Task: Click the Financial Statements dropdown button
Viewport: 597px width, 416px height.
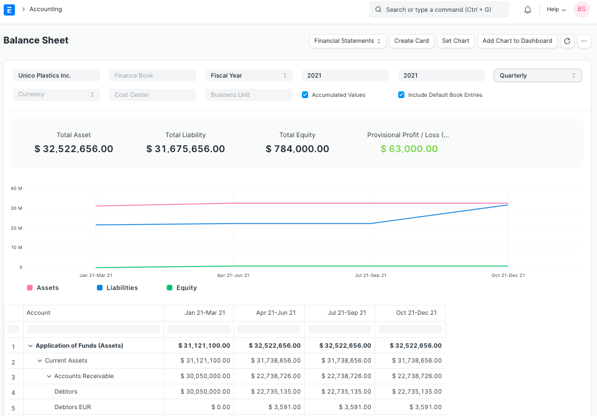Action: click(347, 41)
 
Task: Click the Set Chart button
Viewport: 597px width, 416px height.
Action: click(455, 41)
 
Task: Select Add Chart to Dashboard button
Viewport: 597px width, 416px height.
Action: click(517, 41)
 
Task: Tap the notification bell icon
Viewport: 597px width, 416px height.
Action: click(527, 10)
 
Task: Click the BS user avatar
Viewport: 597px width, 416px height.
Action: click(581, 9)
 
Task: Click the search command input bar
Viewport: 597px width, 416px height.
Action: click(439, 10)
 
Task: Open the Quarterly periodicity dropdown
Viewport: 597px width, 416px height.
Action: click(537, 76)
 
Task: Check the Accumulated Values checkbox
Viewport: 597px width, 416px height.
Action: click(305, 95)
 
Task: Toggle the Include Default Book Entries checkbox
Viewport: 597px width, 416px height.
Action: click(401, 95)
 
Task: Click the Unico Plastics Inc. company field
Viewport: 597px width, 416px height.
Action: click(57, 76)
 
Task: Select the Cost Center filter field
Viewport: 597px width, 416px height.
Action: click(153, 95)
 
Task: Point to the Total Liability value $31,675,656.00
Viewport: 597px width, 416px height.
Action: click(185, 149)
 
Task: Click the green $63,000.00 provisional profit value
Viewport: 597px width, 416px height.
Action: click(409, 149)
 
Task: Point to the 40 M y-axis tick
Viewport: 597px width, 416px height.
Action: click(17, 188)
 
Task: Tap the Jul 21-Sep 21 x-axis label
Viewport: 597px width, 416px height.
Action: click(370, 275)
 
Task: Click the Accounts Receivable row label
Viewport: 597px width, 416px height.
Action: click(84, 376)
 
